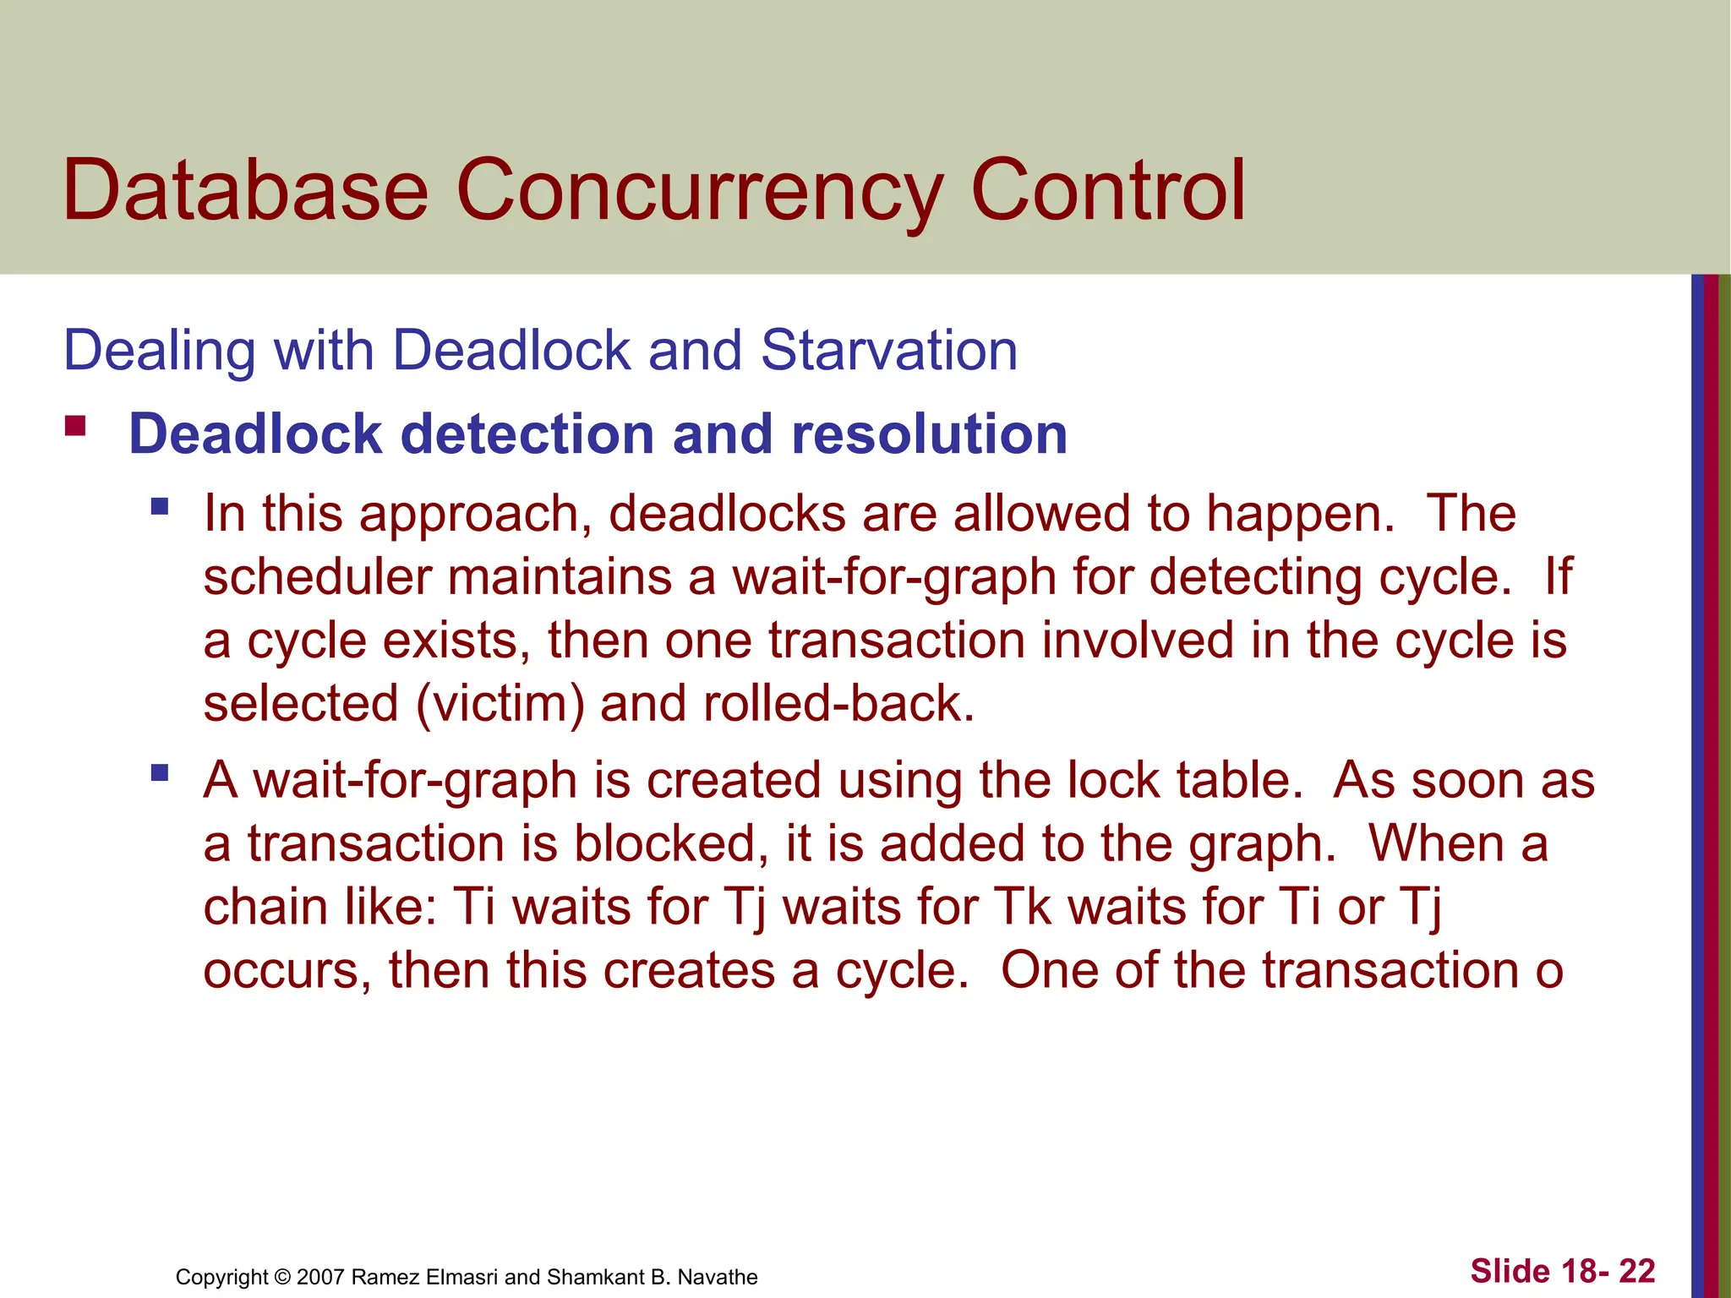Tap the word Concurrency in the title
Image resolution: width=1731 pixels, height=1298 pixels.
click(x=698, y=193)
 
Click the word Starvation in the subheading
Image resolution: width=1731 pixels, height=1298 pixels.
click(x=888, y=350)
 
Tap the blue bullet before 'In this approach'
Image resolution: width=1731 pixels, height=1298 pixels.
click(x=160, y=507)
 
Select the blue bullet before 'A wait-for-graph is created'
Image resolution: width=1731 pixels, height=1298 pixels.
click(x=160, y=772)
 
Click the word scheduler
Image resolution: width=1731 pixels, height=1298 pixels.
click(x=316, y=578)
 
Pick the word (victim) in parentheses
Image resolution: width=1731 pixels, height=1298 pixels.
click(x=500, y=705)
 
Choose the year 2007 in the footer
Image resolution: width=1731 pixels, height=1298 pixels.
click(x=319, y=1277)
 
